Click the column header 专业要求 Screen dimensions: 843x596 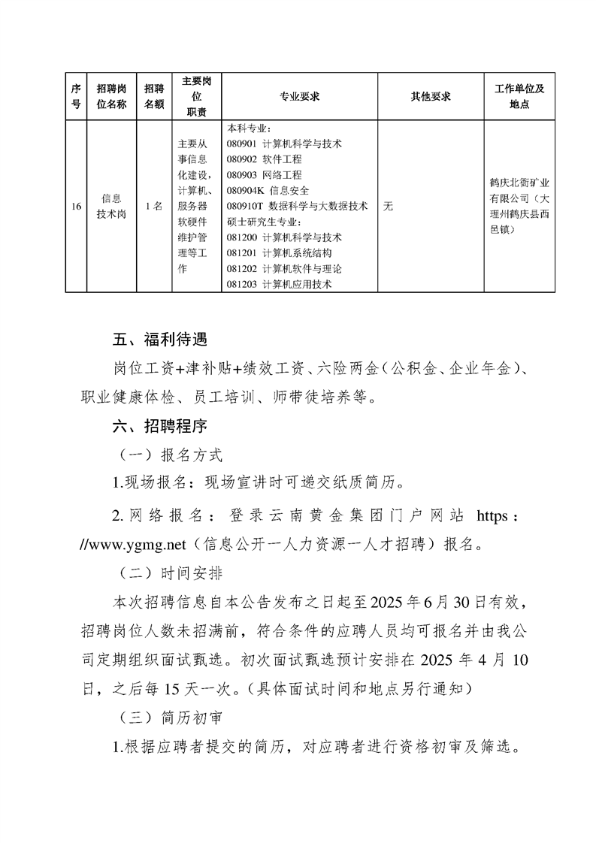coord(300,97)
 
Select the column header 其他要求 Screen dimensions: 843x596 coord(431,97)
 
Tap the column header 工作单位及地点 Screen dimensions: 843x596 coord(519,97)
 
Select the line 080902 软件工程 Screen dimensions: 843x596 coord(264,159)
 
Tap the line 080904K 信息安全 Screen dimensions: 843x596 coord(267,191)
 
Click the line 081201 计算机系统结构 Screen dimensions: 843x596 coord(279,253)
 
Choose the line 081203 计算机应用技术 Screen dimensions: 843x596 coord(279,285)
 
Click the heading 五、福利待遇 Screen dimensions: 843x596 coord(159,339)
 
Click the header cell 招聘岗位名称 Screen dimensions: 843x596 coord(111,97)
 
